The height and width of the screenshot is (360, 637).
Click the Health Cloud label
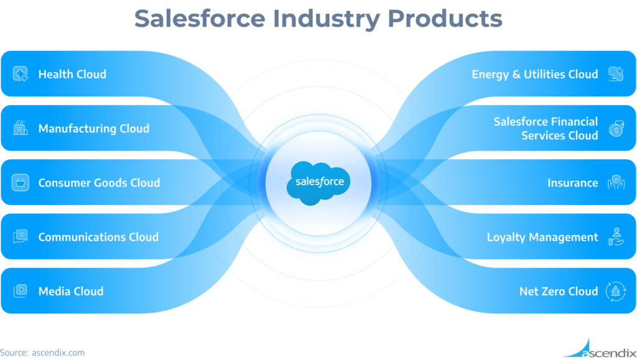[x=72, y=74]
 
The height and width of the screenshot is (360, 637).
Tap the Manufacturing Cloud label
[x=93, y=129]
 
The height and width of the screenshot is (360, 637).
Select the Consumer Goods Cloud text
[x=99, y=183]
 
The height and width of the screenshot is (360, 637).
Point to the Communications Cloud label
[x=98, y=237]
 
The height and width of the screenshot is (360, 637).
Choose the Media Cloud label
[x=71, y=291]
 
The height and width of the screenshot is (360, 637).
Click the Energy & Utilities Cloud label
[x=534, y=74]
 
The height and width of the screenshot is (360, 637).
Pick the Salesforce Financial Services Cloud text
[x=546, y=128]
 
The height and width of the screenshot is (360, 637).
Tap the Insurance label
[x=572, y=183]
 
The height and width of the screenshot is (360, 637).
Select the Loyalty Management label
[x=542, y=237]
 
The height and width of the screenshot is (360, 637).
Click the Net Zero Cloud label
[x=558, y=291]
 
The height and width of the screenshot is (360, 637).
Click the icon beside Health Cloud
[x=21, y=74]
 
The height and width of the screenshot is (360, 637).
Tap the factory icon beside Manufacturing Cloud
[x=21, y=128]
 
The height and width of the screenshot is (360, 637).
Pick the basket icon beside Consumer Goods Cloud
[x=21, y=183]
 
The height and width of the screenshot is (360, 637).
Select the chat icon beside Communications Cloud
[x=21, y=237]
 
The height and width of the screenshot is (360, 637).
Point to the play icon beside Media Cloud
[x=21, y=291]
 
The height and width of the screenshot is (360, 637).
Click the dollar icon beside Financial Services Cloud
[x=616, y=128]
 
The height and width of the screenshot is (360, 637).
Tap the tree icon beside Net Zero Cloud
[x=616, y=291]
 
